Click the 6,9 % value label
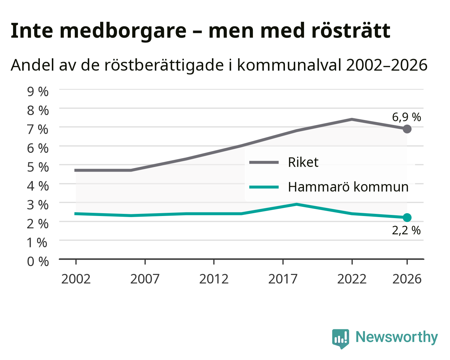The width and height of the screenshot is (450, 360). (406, 117)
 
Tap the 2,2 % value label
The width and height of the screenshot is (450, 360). (406, 230)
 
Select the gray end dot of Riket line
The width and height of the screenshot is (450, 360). (407, 129)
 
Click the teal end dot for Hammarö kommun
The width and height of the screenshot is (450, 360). (407, 218)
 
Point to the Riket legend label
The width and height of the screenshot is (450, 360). (303, 162)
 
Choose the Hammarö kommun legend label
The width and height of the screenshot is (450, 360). (348, 187)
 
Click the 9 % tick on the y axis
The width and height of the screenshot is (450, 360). (38, 92)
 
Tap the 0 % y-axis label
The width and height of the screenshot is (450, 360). (38, 262)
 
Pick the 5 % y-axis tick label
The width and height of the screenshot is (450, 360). (38, 167)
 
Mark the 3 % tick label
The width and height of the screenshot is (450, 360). (38, 205)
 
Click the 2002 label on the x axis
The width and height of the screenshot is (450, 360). (76, 279)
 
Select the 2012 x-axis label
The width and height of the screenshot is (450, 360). (214, 279)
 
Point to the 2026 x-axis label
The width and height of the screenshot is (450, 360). (407, 279)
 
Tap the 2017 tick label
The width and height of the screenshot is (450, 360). (283, 279)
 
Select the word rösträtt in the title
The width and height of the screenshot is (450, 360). (351, 30)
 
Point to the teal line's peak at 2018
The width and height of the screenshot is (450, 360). (297, 204)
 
